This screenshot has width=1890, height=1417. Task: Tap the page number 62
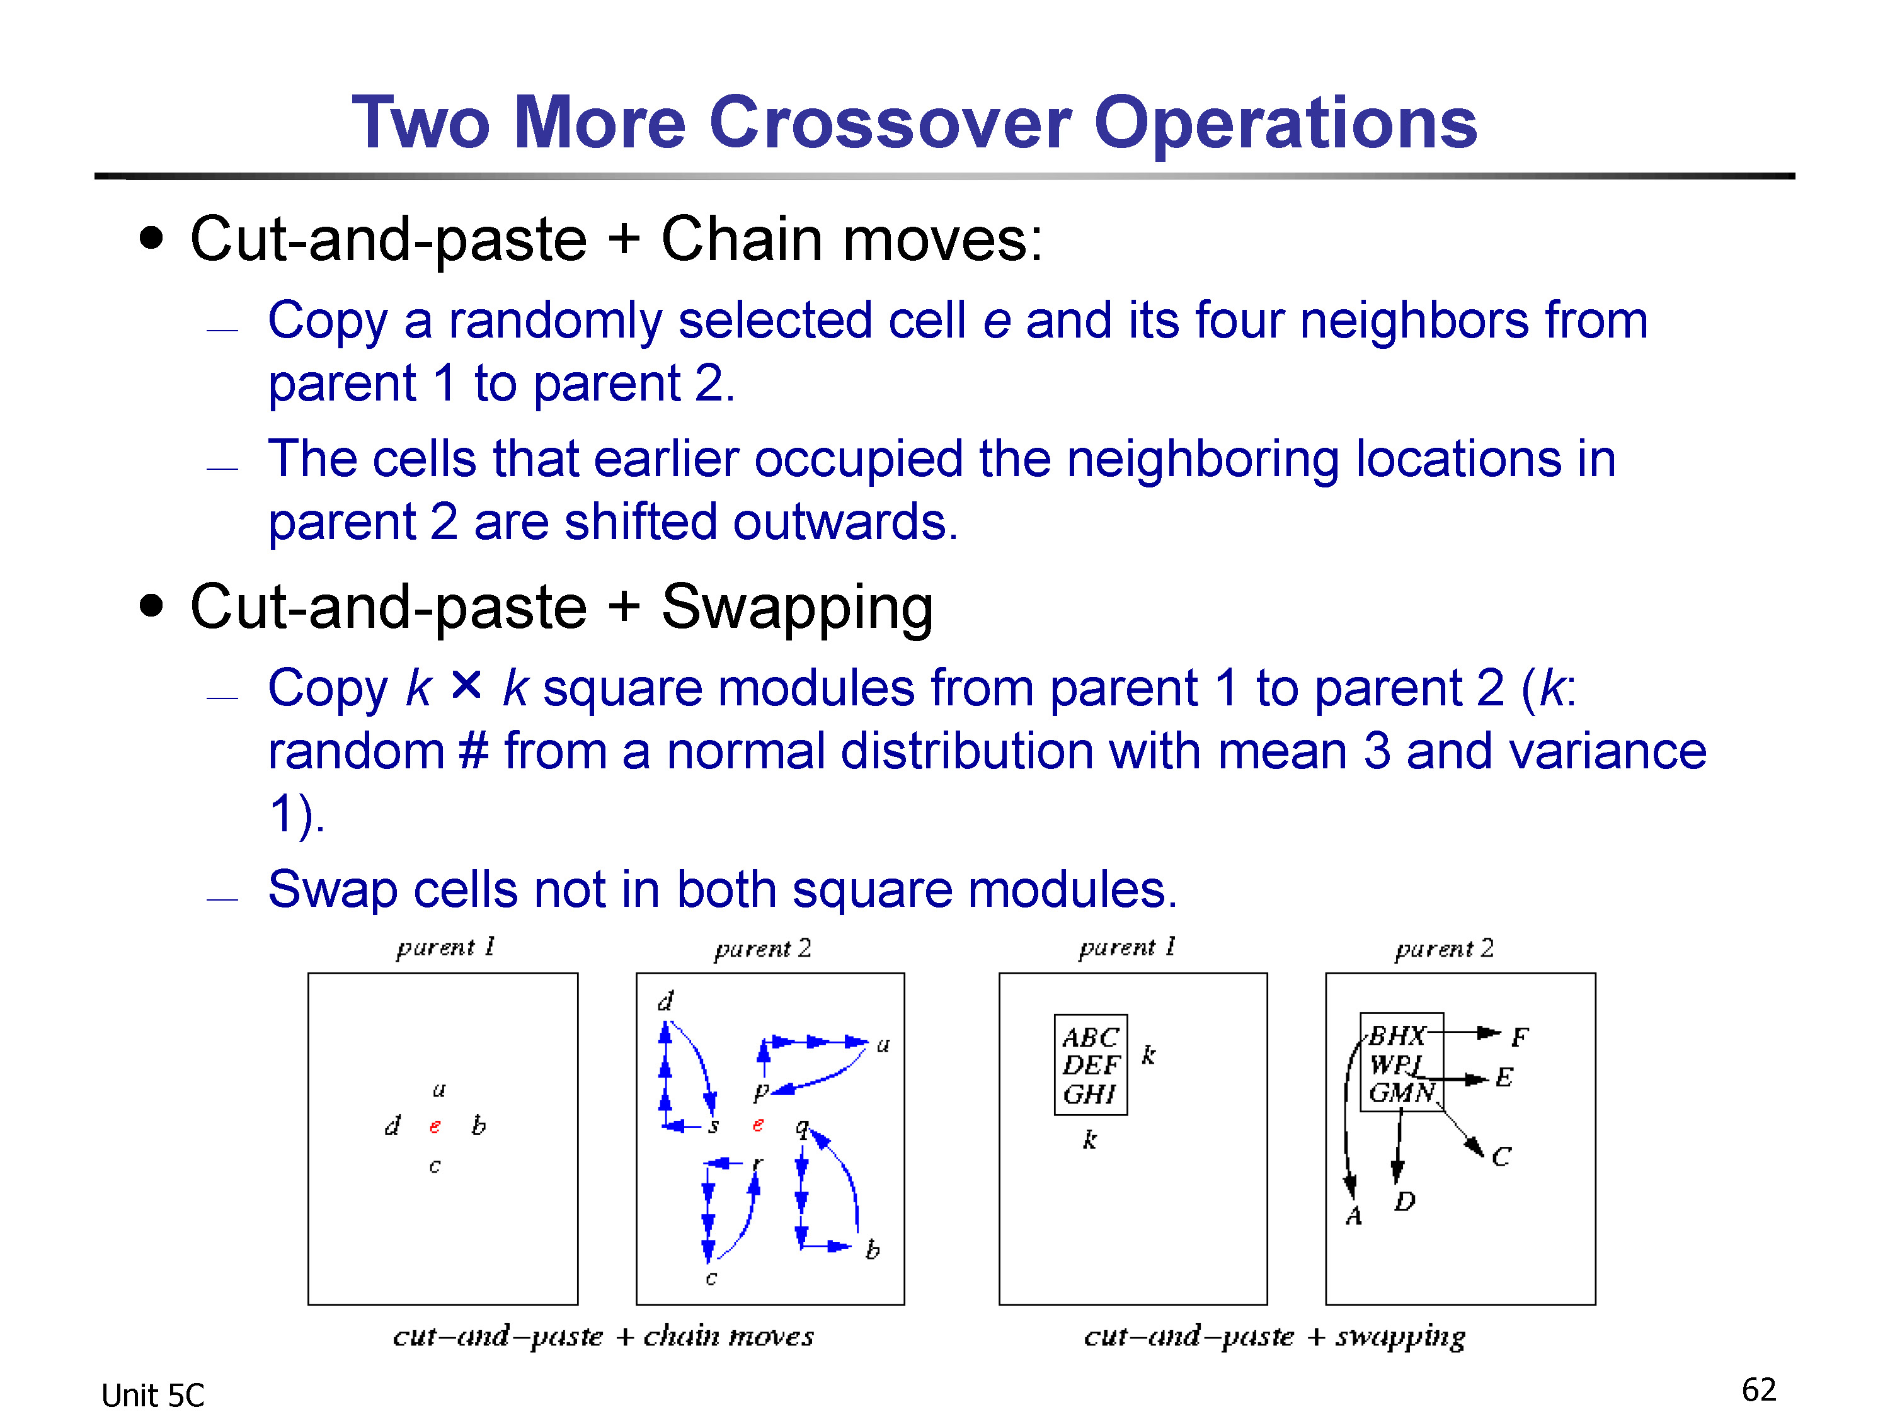pyautogui.click(x=1758, y=1391)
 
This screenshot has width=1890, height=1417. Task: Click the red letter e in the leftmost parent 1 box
pyautogui.click(x=435, y=1127)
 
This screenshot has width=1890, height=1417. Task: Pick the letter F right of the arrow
pyautogui.click(x=1519, y=1037)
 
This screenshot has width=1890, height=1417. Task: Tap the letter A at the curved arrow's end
pyautogui.click(x=1353, y=1215)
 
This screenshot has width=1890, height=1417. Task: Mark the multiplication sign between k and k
pyautogui.click(x=467, y=685)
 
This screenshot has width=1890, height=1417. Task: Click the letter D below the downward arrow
pyautogui.click(x=1405, y=1202)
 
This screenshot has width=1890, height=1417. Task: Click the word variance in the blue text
pyautogui.click(x=1607, y=751)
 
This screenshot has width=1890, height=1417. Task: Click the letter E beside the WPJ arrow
pyautogui.click(x=1504, y=1077)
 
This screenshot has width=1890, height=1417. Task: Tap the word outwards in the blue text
pyautogui.click(x=845, y=522)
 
